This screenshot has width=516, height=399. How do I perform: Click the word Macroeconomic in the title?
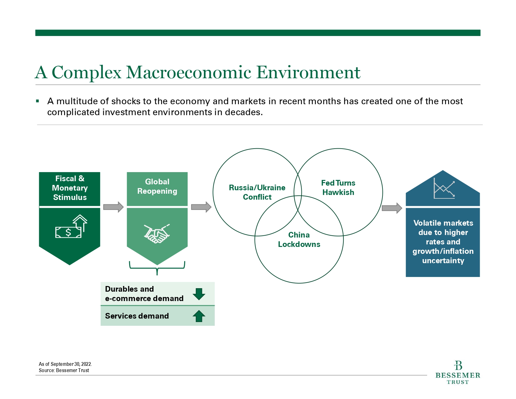pos(188,72)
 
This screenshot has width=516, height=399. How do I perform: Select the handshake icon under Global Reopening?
pos(157,233)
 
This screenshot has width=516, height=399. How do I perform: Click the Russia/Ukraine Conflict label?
pos(257,192)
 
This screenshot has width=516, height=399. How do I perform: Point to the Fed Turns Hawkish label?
pos(338,187)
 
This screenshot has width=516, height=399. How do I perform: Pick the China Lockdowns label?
pos(299,239)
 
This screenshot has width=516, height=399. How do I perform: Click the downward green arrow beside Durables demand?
pos(199,294)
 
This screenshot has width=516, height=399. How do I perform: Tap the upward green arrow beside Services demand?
pos(199,316)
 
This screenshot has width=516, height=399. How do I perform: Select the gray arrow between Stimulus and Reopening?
pos(113,207)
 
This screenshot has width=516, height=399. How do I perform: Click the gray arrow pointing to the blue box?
pos(392,208)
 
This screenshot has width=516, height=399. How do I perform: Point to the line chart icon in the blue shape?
pos(444,188)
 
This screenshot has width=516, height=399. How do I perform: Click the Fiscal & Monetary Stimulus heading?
pos(69,188)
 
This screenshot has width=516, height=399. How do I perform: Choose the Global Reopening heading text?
pos(157,186)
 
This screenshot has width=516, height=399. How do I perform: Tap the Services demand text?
pos(137,316)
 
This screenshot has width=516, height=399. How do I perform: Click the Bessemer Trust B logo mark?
pos(458,366)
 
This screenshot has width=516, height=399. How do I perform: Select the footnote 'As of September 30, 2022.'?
pos(65,364)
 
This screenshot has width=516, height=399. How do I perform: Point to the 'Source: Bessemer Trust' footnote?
pos(64,370)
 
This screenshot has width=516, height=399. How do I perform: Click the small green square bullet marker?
pos(37,101)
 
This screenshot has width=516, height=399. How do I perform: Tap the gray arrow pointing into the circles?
pos(201,207)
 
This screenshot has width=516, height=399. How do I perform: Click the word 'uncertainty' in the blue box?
pos(443,260)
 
